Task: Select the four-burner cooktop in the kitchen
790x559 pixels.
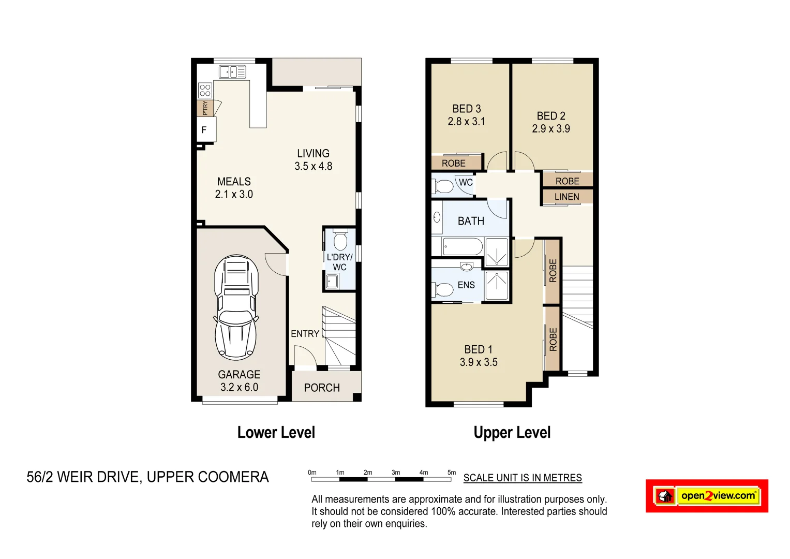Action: coord(205,91)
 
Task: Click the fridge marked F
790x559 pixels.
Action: coord(205,130)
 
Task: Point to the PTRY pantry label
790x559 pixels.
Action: coord(205,108)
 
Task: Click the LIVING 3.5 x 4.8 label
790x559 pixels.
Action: coord(313,160)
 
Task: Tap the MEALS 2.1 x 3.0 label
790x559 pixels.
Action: coord(234,188)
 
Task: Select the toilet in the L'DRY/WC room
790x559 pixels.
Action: coord(340,241)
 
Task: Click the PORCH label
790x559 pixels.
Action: coord(322,388)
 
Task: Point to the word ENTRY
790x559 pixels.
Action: coord(305,334)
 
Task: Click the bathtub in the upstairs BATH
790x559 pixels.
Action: coord(463,247)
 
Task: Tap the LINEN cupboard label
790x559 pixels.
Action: coord(567,197)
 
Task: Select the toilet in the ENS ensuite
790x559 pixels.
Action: coord(443,289)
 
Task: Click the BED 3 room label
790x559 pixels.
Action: coord(466,109)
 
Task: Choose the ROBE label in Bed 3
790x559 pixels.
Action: coord(454,163)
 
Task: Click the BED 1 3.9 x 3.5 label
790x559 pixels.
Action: coord(479,356)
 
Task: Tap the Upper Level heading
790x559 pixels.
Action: coord(512,433)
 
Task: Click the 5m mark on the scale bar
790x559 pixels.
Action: coord(452,473)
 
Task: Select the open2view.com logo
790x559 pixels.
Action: coord(707,496)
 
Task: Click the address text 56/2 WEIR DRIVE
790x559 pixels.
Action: coord(83,477)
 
